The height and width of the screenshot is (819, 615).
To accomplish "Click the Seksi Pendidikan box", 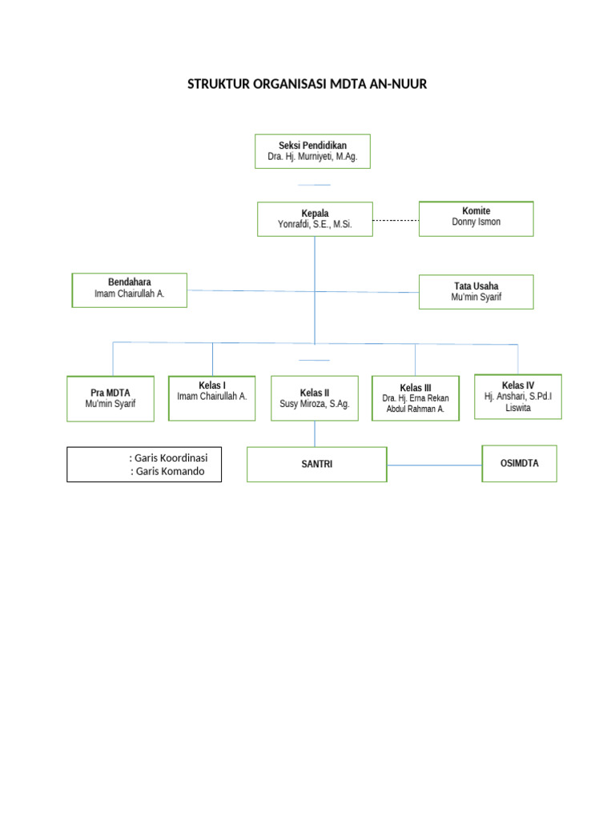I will (x=312, y=152).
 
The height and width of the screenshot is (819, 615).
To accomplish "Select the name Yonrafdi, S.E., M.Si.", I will (x=314, y=226).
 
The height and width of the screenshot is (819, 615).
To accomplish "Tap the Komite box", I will (x=476, y=218).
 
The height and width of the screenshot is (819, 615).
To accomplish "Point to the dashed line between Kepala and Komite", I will (x=396, y=220).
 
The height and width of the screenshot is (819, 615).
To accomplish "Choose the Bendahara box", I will (x=129, y=290).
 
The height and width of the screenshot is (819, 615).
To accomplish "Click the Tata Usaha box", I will (x=476, y=291).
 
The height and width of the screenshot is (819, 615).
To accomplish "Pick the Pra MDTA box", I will (x=111, y=398).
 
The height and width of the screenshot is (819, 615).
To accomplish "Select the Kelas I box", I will (x=211, y=398).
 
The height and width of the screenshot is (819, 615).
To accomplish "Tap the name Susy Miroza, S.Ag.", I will (x=314, y=405).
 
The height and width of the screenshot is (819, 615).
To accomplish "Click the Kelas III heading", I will (x=415, y=388).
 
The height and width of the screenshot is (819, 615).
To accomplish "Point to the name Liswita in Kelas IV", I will (x=517, y=408).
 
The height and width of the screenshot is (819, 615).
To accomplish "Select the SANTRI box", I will (x=316, y=465).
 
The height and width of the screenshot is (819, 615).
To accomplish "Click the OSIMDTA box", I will (x=519, y=464).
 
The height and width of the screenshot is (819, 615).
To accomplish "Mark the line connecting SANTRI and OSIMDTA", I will (x=434, y=465).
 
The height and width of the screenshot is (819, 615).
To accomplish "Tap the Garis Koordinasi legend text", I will (x=168, y=458).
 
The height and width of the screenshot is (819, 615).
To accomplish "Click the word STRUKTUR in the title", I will (x=219, y=84).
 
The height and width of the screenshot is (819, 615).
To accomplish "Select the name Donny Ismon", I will (x=476, y=222).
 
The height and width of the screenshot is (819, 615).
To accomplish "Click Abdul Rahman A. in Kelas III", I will (x=415, y=409).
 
